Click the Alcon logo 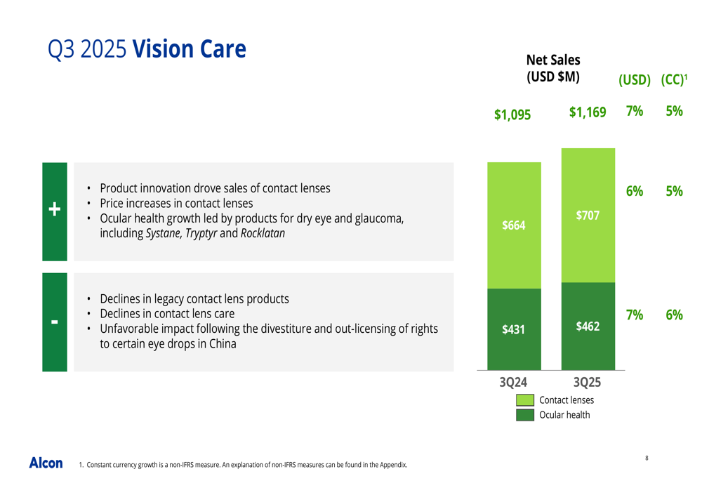click(x=46, y=463)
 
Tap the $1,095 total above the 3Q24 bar click(x=512, y=114)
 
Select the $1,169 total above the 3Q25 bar click(x=588, y=112)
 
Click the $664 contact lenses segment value click(x=514, y=225)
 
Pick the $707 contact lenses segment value click(x=588, y=216)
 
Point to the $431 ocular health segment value click(x=514, y=329)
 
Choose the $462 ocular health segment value click(x=588, y=326)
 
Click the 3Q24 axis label click(x=513, y=382)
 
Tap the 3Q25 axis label click(x=587, y=382)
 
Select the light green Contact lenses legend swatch click(x=524, y=400)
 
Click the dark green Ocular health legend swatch click(x=524, y=415)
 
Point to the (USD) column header click(x=635, y=80)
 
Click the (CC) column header click(x=674, y=80)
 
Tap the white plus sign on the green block click(x=55, y=209)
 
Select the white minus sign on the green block click(x=55, y=322)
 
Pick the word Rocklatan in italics click(x=263, y=233)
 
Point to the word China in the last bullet click(x=223, y=343)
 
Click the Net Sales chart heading click(x=553, y=68)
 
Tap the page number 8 click(x=647, y=458)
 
